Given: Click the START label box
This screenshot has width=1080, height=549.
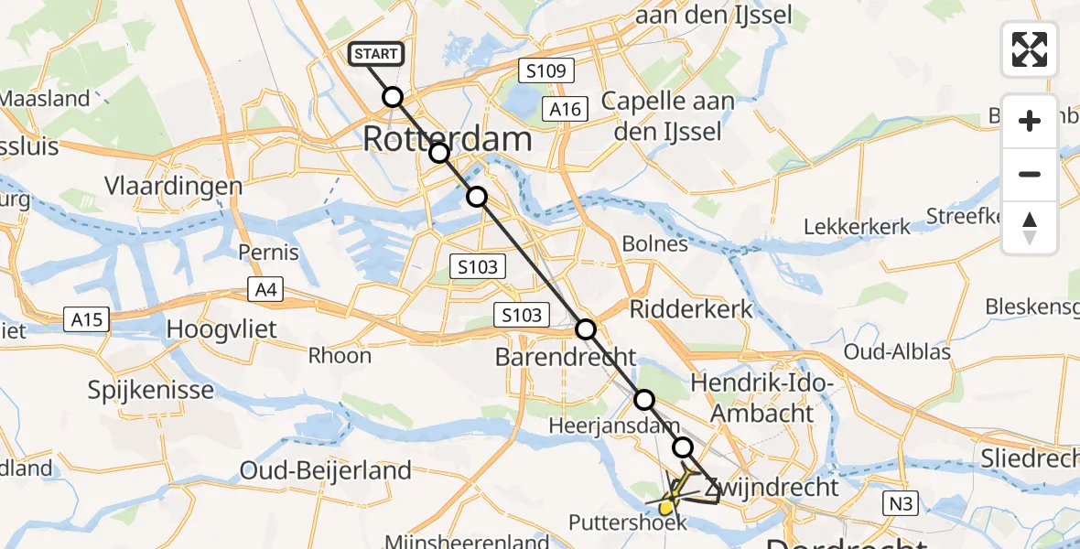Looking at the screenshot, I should tap(375, 54).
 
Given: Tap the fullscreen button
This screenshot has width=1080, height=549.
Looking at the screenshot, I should tap(1030, 49).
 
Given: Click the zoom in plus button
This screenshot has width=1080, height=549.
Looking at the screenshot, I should tap(1030, 121).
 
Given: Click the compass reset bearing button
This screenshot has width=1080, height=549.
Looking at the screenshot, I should tap(1030, 228).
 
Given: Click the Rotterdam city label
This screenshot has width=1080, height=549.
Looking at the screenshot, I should tap(448, 140).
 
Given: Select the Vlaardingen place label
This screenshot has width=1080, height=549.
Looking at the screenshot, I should tap(173, 186).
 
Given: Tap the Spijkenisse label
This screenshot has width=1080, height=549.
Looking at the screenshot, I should tap(150, 391).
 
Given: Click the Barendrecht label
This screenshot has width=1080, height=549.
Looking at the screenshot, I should tap(565, 357).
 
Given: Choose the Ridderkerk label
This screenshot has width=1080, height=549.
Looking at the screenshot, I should tap(691, 308).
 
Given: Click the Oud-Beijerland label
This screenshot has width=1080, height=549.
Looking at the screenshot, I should tap(326, 470).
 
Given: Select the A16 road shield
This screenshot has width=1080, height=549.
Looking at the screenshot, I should tap(564, 109).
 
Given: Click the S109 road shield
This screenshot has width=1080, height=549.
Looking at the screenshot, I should tap(545, 70).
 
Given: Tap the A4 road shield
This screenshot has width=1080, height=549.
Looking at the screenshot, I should tap(267, 291).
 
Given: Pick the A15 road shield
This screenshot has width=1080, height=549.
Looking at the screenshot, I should tap(88, 319).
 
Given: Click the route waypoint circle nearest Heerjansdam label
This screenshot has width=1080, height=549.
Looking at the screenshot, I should tap(644, 400).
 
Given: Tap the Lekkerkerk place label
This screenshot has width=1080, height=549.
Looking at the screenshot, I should tap(857, 226).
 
